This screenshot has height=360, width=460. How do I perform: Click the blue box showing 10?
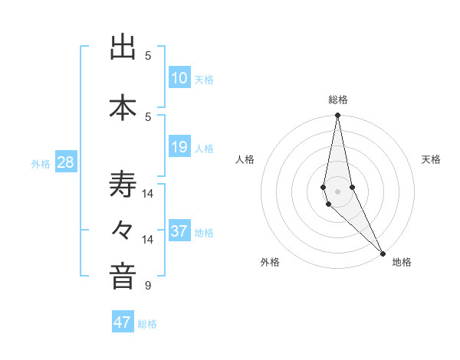(179, 78)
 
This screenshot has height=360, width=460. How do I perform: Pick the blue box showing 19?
(179, 147)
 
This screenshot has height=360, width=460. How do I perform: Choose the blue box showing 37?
(179, 231)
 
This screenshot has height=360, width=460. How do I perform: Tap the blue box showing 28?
(65, 162)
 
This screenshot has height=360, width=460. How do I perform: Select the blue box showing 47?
(123, 322)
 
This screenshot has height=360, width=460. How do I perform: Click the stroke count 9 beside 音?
(147, 286)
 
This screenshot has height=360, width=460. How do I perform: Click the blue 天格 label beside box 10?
(204, 80)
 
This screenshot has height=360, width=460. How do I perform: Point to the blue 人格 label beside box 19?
(204, 149)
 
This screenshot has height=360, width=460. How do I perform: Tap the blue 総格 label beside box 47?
(147, 324)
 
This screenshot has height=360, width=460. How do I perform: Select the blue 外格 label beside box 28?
(41, 164)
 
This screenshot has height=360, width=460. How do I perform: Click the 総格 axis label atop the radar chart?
(338, 100)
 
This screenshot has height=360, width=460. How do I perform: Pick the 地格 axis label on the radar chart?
(402, 262)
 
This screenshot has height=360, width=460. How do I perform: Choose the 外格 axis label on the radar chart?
(270, 262)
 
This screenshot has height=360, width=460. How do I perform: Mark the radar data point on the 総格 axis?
(338, 116)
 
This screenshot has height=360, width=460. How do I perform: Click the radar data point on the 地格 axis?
(383, 253)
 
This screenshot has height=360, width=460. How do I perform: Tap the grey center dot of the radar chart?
(338, 191)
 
